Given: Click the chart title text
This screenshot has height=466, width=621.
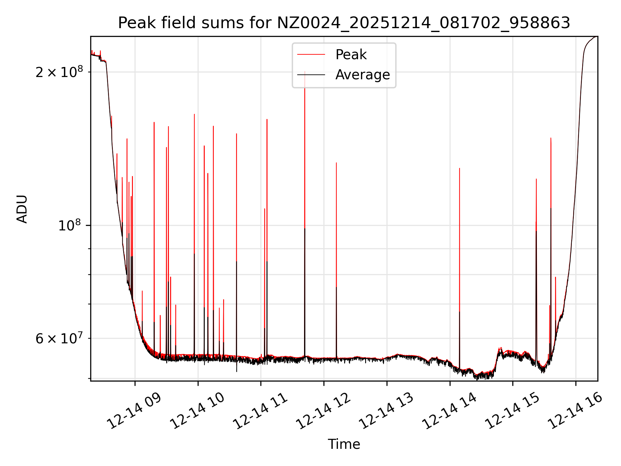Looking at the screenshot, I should (344, 23).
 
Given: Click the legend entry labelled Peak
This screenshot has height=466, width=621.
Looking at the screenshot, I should (351, 55).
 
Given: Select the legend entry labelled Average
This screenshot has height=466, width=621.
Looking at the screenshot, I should (363, 75).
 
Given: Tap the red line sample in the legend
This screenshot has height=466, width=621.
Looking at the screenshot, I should (311, 55).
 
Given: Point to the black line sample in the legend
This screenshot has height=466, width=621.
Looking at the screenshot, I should (311, 75).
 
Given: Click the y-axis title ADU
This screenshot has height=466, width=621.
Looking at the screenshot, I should (22, 209).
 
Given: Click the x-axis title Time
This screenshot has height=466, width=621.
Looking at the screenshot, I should (344, 444).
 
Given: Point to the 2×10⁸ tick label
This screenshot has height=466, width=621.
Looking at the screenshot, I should (59, 72).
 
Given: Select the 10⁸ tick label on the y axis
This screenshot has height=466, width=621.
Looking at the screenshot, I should (70, 225).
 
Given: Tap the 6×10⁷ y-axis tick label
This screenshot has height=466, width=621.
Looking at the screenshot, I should (59, 338).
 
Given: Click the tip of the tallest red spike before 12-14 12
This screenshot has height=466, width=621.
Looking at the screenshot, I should (305, 72).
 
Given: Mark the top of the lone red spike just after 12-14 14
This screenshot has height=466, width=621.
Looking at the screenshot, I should (460, 168).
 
